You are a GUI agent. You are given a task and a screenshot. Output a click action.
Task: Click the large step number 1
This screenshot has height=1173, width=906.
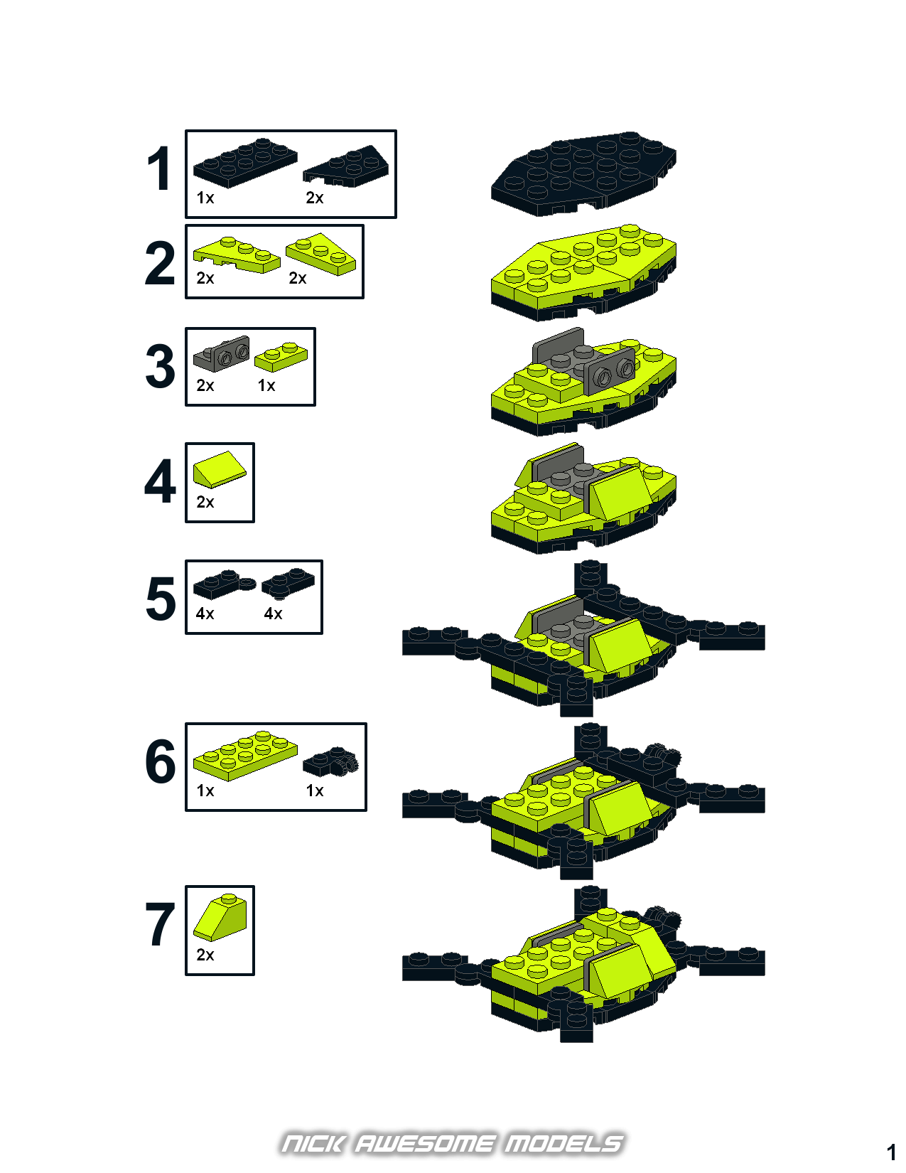pos(161,169)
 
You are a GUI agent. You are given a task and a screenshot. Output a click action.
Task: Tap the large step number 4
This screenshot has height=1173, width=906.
pos(160,481)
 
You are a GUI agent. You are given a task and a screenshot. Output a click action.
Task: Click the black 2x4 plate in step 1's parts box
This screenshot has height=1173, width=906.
pos(245,163)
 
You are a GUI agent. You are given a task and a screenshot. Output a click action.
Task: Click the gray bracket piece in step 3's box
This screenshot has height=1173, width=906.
pos(221,353)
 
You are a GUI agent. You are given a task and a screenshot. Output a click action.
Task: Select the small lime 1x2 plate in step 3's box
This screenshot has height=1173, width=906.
pos(281,357)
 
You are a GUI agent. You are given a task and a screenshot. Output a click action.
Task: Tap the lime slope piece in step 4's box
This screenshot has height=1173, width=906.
pos(220,469)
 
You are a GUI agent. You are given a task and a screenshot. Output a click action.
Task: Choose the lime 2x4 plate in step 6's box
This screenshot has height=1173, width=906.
pos(245,756)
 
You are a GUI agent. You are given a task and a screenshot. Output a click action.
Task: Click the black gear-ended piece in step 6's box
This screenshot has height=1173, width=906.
pos(330,761)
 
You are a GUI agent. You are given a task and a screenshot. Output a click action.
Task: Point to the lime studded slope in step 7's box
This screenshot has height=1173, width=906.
pos(220,917)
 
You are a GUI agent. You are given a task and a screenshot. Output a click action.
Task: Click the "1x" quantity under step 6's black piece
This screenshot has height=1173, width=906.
pos(315,791)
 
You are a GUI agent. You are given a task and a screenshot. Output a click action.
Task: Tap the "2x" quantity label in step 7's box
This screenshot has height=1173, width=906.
pos(205,955)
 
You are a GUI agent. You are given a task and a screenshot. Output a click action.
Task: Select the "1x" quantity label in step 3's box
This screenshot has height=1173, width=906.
pos(266,385)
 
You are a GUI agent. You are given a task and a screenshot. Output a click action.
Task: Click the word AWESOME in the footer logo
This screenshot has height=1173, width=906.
pos(424,1144)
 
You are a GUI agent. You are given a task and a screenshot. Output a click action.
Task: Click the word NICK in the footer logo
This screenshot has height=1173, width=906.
pos(313,1144)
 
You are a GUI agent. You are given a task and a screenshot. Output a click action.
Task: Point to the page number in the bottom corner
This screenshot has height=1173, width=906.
pos(891,1153)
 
